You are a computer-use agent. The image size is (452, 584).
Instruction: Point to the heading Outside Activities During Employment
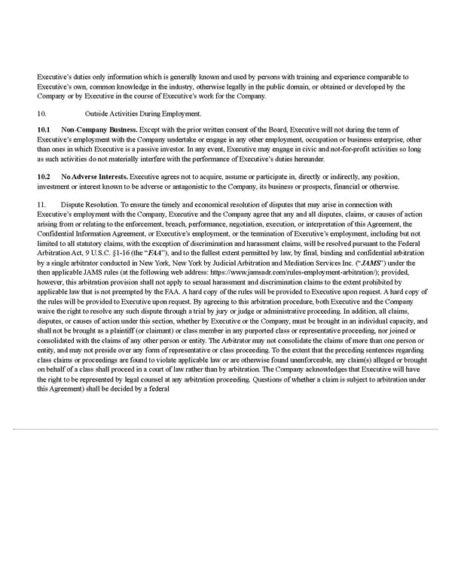click(x=144, y=114)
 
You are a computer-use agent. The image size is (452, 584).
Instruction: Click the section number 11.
click(x=41, y=205)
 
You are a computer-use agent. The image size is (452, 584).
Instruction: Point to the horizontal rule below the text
click(x=226, y=430)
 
